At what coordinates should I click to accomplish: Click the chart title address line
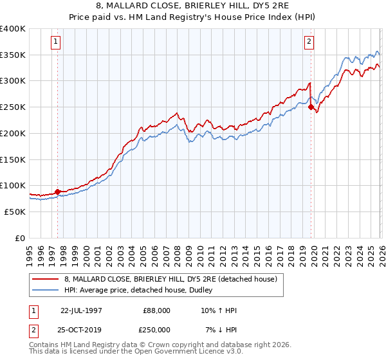click(x=193, y=6)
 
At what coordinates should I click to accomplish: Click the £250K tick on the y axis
click(x=13, y=107)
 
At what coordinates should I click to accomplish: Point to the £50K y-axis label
click(x=15, y=212)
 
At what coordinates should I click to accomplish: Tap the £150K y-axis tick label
click(x=13, y=159)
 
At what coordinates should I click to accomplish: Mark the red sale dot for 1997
click(x=57, y=191)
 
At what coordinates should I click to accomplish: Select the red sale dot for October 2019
click(x=311, y=107)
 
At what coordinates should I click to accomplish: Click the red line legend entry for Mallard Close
click(x=170, y=279)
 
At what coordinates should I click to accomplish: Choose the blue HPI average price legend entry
click(x=142, y=291)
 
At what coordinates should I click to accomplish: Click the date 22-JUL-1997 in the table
click(x=82, y=310)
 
